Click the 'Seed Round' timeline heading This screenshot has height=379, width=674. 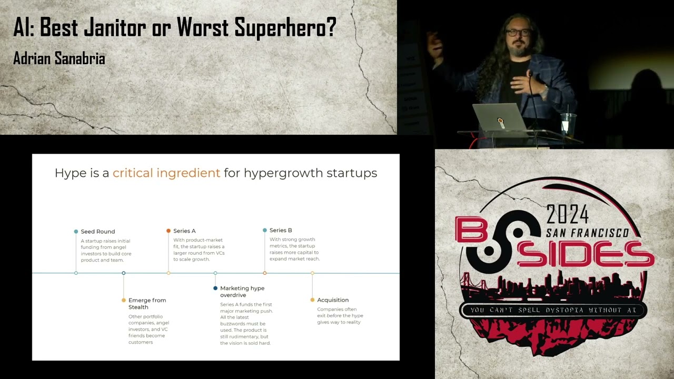(97, 232)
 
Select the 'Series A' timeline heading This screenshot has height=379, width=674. (184, 231)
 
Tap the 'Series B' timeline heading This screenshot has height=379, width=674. (281, 231)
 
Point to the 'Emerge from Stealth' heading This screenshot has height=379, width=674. (147, 304)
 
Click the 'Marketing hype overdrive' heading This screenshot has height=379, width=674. (242, 292)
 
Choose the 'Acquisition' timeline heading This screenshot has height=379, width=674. (333, 300)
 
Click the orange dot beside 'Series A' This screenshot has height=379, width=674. (168, 231)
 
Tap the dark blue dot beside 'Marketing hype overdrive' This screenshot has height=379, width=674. (215, 288)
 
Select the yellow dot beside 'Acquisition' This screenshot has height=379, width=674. (312, 300)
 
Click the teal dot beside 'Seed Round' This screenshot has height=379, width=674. (76, 232)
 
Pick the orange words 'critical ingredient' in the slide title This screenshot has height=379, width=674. (166, 173)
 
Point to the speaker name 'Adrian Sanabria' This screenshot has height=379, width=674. (59, 58)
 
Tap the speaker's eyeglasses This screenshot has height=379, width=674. (518, 33)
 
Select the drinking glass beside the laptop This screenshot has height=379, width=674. (568, 124)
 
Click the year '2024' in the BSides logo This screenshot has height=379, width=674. (567, 214)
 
